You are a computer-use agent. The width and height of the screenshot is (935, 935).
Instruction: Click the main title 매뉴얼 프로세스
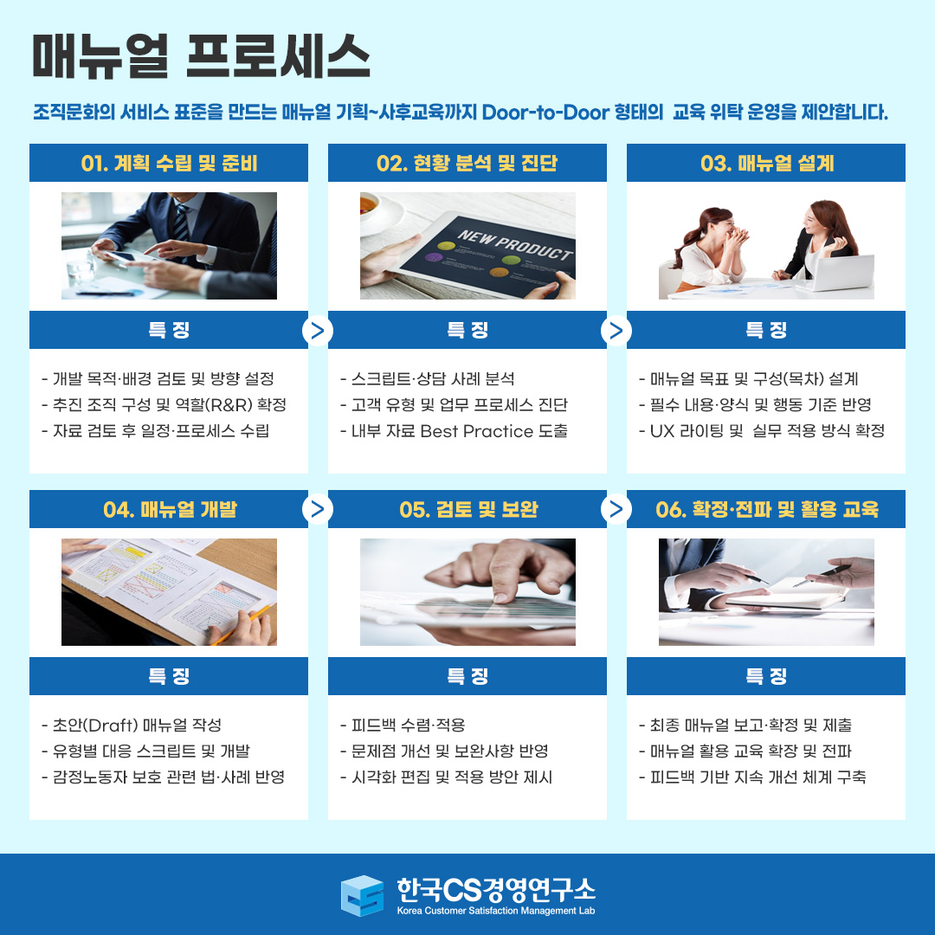click(201, 55)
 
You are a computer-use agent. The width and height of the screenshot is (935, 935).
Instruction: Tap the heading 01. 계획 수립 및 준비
click(169, 163)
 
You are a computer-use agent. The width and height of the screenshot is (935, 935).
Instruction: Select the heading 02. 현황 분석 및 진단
click(467, 163)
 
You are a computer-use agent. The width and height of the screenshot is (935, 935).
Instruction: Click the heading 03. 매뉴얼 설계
click(767, 163)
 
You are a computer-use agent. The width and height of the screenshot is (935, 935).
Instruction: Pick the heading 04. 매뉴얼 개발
click(170, 509)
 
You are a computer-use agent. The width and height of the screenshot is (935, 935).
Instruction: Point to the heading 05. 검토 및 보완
click(468, 509)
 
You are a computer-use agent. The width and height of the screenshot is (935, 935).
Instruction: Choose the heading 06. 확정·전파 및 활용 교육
click(767, 509)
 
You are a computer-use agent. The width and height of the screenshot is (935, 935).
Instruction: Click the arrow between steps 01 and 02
click(318, 331)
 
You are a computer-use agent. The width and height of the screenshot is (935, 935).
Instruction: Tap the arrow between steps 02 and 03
click(616, 331)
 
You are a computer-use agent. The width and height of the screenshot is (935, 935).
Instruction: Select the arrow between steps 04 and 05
click(318, 509)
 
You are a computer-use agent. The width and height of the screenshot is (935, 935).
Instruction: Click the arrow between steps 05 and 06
click(616, 509)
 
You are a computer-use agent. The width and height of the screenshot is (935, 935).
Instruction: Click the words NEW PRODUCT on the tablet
click(515, 244)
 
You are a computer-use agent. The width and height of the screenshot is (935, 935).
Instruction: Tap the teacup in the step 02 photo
click(376, 209)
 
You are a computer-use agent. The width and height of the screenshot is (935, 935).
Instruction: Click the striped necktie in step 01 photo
click(181, 223)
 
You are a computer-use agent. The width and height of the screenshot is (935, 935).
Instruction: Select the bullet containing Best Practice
click(454, 430)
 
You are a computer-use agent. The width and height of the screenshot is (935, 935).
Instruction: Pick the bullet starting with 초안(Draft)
click(132, 725)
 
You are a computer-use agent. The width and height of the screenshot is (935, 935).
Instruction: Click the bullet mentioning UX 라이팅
click(762, 430)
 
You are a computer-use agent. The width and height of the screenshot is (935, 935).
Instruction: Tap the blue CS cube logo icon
click(362, 896)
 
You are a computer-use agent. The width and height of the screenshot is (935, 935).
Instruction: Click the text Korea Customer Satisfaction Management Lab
click(496, 911)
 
